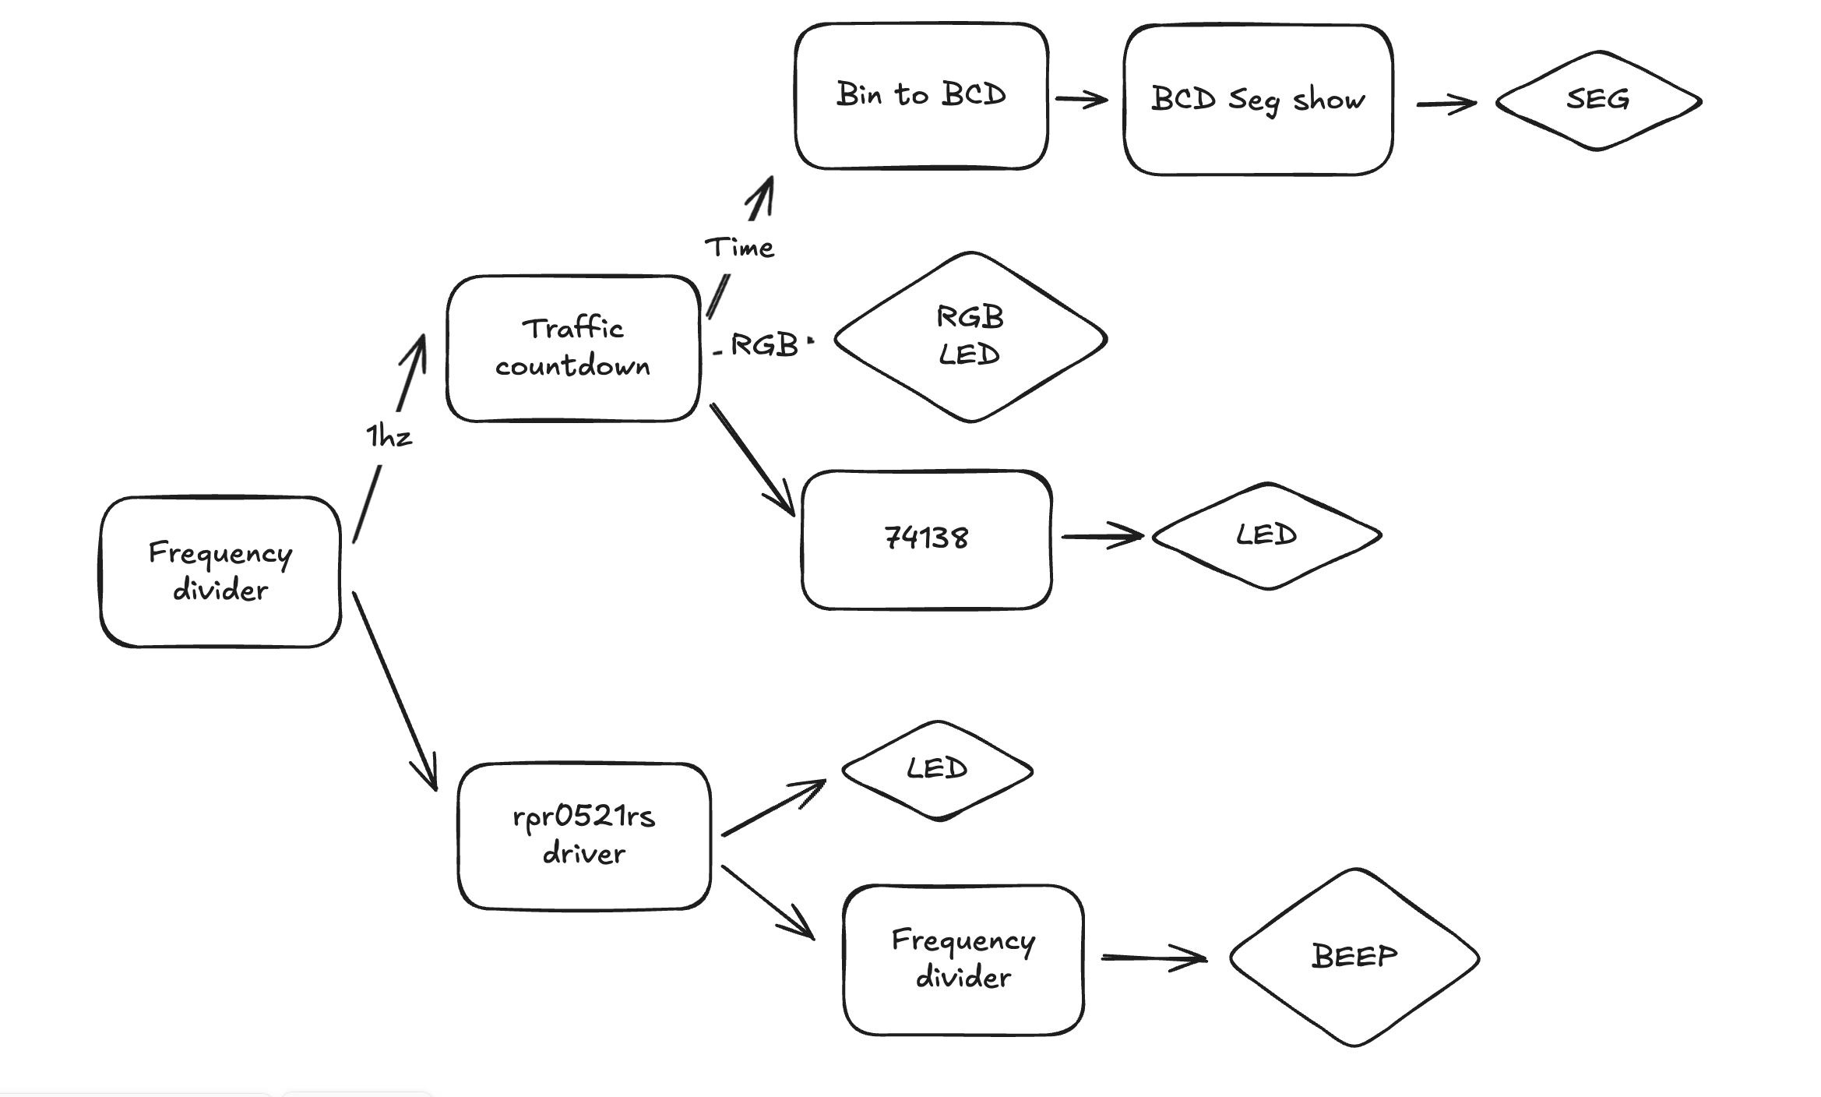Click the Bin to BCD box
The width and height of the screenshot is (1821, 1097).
[x=921, y=96]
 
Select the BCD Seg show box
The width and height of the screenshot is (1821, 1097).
[x=1258, y=100]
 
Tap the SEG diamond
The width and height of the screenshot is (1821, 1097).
[x=1598, y=101]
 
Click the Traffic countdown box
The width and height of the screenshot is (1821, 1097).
[x=573, y=348]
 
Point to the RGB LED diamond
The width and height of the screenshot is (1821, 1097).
[x=970, y=337]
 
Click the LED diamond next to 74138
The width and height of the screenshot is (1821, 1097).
[x=1266, y=536]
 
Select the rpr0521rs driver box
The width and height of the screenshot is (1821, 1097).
[x=584, y=836]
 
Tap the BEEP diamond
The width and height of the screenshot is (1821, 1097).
[x=1354, y=957]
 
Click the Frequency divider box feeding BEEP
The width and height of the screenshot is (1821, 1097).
[x=963, y=959]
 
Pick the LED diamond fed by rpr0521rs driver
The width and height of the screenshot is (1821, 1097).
[x=937, y=770]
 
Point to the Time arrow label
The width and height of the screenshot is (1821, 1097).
[x=739, y=248]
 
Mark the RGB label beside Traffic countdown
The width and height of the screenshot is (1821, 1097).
[x=764, y=345]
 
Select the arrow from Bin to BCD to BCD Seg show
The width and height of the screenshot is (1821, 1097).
[x=1081, y=100]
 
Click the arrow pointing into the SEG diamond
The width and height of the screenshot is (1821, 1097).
[x=1446, y=104]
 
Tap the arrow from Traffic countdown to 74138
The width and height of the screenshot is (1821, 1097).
[x=752, y=460]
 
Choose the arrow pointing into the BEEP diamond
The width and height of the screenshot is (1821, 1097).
[x=1154, y=958]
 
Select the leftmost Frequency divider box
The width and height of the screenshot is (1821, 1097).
[x=220, y=572]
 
